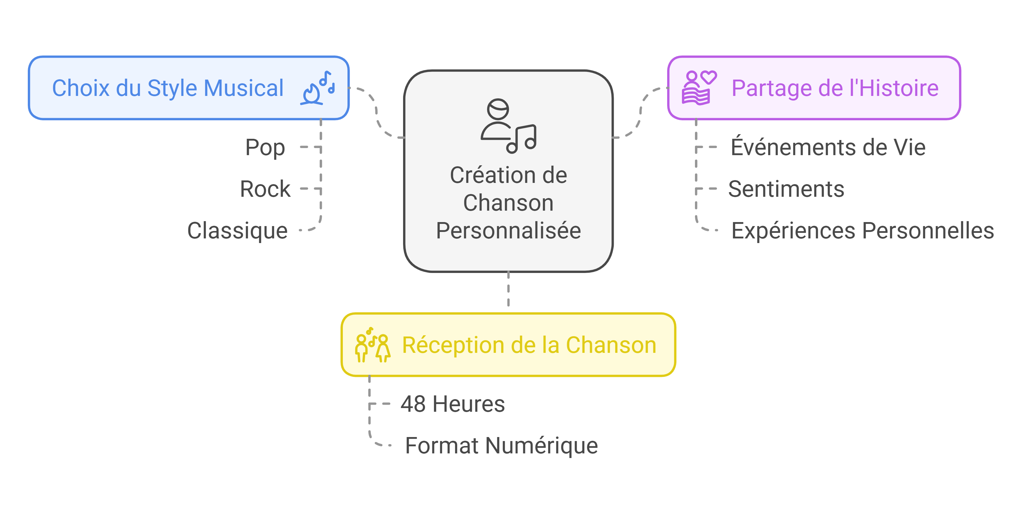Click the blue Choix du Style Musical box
pyautogui.click(x=188, y=88)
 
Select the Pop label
pyautogui.click(x=265, y=147)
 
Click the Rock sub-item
pyautogui.click(x=265, y=189)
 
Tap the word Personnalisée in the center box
pyautogui.click(x=508, y=231)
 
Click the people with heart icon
pyautogui.click(x=698, y=88)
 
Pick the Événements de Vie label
pyautogui.click(x=828, y=147)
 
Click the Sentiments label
pyautogui.click(x=786, y=189)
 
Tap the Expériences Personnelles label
pyautogui.click(x=862, y=231)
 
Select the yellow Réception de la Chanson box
pyautogui.click(x=508, y=345)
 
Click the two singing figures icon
pyautogui.click(x=372, y=345)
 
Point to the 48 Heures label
pyautogui.click(x=452, y=404)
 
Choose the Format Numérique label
pyautogui.click(x=501, y=445)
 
